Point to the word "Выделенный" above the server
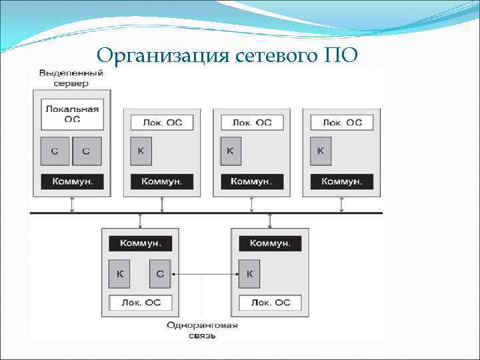[x=71, y=72]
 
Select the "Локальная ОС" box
[x=72, y=115]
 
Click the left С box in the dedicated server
[x=55, y=151]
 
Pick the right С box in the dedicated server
[x=86, y=151]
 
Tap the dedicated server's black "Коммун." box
[x=72, y=181]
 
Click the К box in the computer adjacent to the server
[x=140, y=151]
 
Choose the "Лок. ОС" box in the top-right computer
[x=342, y=122]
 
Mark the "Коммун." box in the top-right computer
[x=341, y=181]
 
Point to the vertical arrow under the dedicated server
[x=72, y=205]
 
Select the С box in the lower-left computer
[x=159, y=273]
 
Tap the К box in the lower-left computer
[x=119, y=273]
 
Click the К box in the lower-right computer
[x=249, y=273]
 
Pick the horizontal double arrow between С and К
[x=204, y=273]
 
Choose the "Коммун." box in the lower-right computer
[x=270, y=243]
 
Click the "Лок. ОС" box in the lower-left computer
[x=140, y=302]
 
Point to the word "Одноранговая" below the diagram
[x=203, y=325]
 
